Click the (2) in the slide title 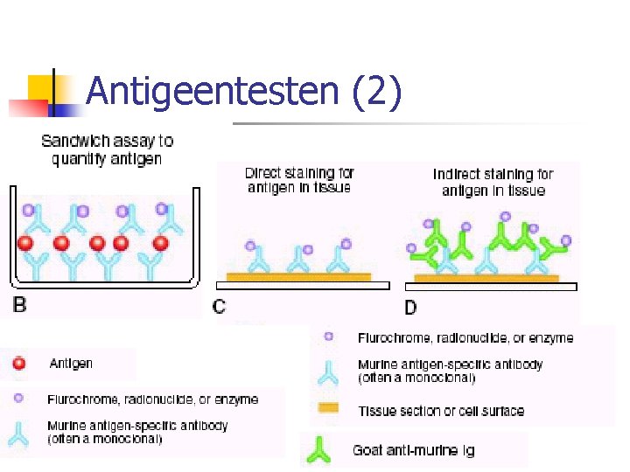coord(376,92)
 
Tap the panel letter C coord(220,306)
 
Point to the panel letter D coord(411,306)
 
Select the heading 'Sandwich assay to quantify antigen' coord(107,149)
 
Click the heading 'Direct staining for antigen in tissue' coord(298,180)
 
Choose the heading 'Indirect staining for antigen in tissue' coord(493,182)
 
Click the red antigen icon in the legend coord(19,364)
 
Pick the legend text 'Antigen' coord(71,364)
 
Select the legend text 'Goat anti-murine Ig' coord(413,450)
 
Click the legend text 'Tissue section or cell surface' coord(441,410)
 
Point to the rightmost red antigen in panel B coord(161,242)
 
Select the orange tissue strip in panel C coord(298,277)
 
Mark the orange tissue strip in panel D coord(486,278)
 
